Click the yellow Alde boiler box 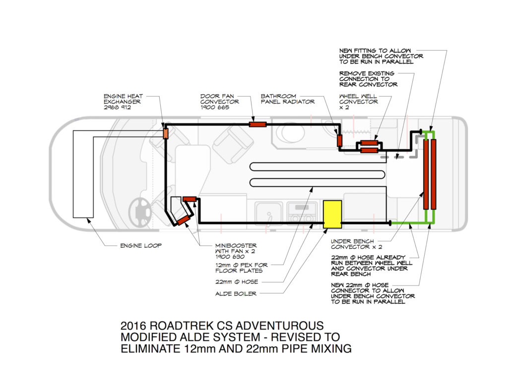click(332, 214)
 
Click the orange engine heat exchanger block click(166, 133)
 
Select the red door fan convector click(258, 124)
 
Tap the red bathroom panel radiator click(339, 140)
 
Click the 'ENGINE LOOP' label click(140, 246)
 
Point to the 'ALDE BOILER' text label click(236, 293)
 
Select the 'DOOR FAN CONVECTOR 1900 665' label click(219, 102)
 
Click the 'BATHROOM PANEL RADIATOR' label click(288, 99)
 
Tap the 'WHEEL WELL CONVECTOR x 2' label click(358, 102)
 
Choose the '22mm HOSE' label click(237, 282)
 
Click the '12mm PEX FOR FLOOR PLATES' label click(242, 268)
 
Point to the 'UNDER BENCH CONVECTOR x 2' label click(356, 244)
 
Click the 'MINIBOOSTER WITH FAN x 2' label click(236, 251)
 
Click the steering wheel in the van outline click(139, 211)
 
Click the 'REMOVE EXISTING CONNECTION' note click(369, 79)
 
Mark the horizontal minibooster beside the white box click(190, 199)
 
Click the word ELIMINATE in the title click(150, 348)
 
